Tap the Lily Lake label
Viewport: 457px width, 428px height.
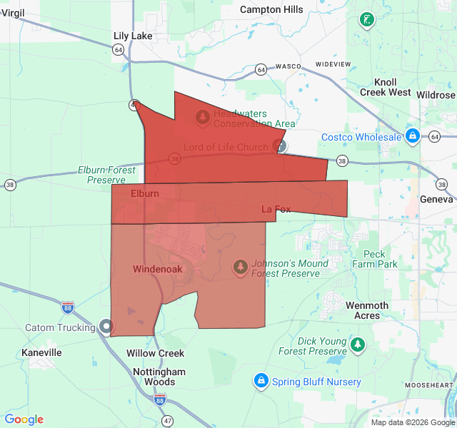(132, 36)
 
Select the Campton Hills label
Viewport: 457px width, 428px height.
(271, 10)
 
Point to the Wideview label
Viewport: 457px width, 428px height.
(333, 64)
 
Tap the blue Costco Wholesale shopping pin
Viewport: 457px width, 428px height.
(413, 136)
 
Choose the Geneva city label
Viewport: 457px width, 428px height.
(436, 199)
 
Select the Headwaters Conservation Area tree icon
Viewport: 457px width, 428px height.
(203, 116)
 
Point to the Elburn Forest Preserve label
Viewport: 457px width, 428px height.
(106, 175)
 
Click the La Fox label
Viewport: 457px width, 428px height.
(276, 209)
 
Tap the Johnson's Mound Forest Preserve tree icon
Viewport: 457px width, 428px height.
(241, 267)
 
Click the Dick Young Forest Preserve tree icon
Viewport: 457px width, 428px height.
(358, 346)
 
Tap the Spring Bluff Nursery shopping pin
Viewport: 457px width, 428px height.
(261, 381)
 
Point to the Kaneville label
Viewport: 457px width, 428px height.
(41, 352)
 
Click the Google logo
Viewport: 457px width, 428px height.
(24, 419)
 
